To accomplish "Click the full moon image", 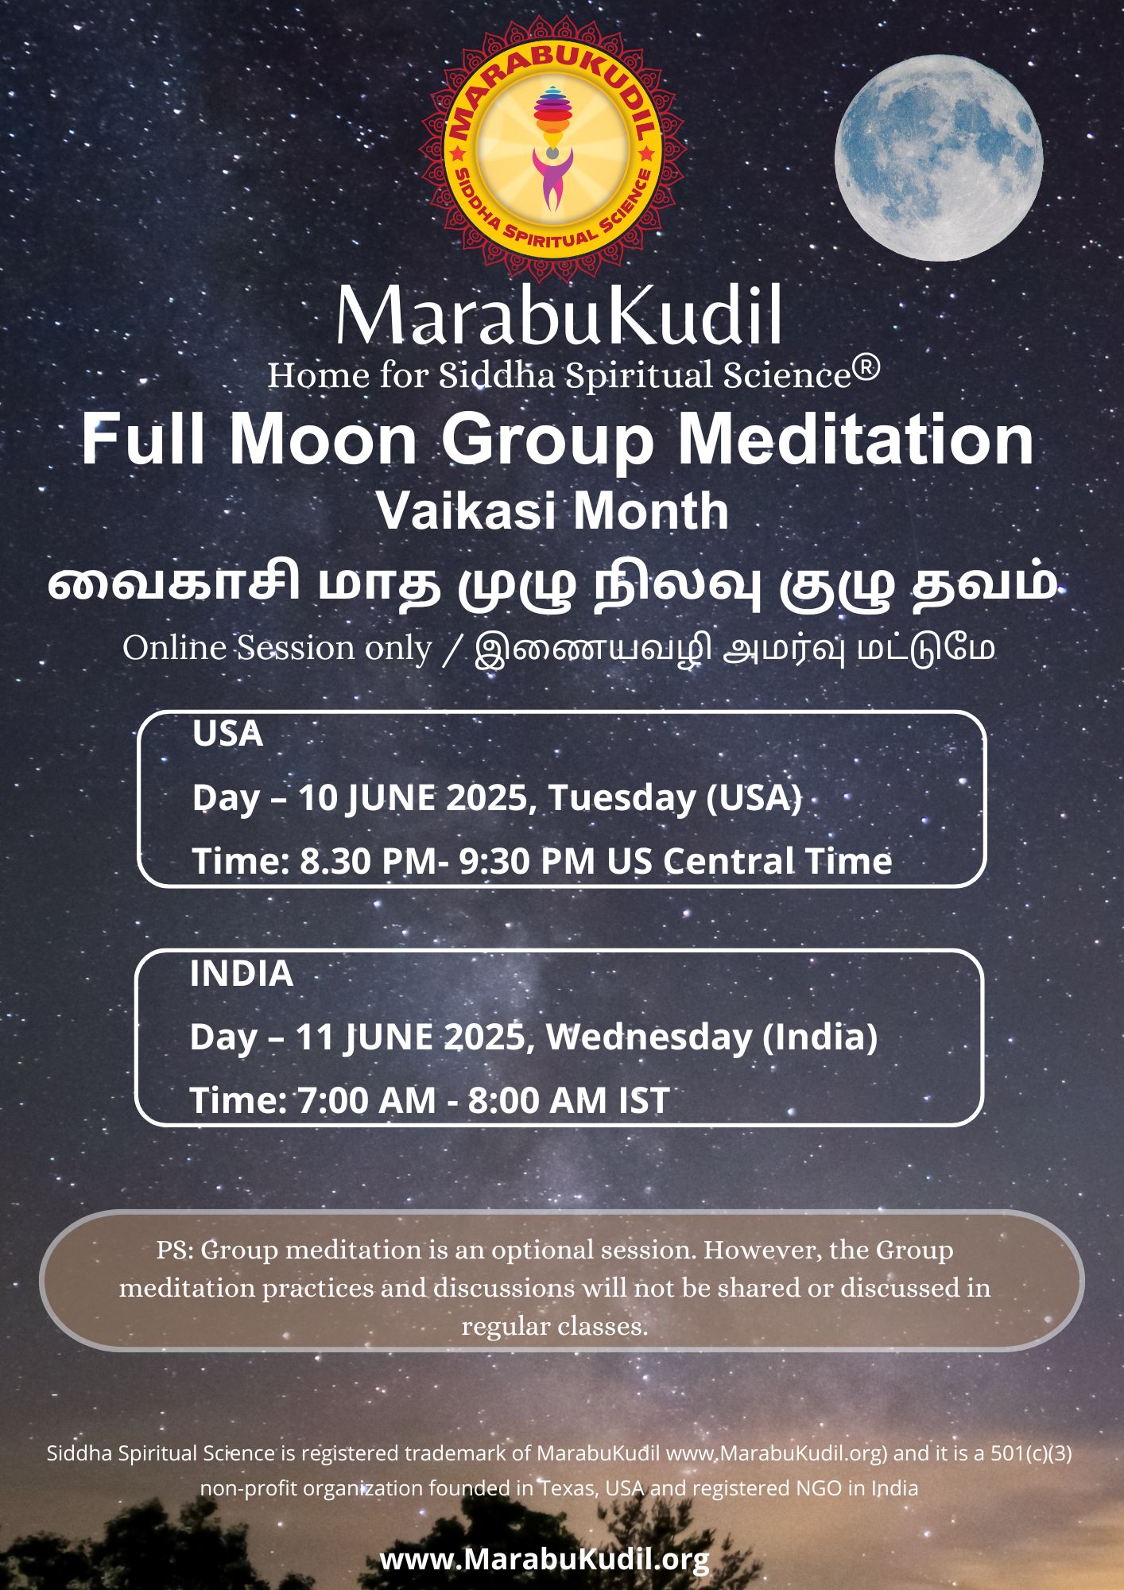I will click(x=938, y=157).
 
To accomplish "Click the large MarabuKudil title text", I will click(x=559, y=316).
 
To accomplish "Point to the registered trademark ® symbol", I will click(x=869, y=368).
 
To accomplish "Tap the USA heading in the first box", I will click(x=227, y=734).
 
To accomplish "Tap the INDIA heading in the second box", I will click(x=241, y=974).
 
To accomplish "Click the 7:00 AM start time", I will click(x=366, y=1101).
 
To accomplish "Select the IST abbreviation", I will click(x=643, y=1101).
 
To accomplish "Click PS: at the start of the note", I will click(x=174, y=1251).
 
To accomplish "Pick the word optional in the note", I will click(x=548, y=1251).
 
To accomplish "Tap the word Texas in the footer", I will click(x=569, y=1488).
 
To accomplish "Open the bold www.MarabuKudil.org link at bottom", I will click(x=545, y=1560).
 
